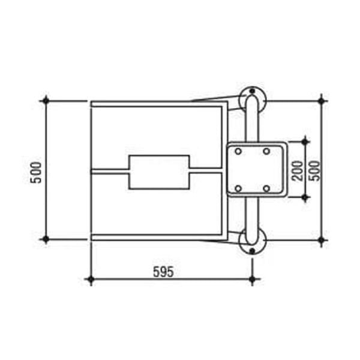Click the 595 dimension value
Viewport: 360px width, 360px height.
[163, 272]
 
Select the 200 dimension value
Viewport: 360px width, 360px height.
[295, 170]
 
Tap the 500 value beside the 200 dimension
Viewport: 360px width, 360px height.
[314, 170]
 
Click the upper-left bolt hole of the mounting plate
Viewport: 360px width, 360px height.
[238, 152]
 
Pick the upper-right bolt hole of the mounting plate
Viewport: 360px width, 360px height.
[266, 152]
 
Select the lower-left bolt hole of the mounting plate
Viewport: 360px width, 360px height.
[238, 188]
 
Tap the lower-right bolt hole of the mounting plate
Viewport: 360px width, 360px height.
[266, 188]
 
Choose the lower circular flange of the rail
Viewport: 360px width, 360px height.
[252, 243]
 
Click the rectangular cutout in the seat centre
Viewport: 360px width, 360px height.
[159, 172]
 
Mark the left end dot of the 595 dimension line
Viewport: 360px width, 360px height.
[90, 280]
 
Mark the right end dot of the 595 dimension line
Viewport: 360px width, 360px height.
[252, 280]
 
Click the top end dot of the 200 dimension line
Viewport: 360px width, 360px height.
[305, 142]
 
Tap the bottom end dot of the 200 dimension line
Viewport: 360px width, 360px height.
[305, 197]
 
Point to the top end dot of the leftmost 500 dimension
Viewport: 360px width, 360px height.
[46, 101]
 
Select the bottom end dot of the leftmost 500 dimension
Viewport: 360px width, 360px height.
[46, 239]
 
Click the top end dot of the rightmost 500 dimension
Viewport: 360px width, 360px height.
[322, 101]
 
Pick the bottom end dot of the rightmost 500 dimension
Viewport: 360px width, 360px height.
[322, 240]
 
